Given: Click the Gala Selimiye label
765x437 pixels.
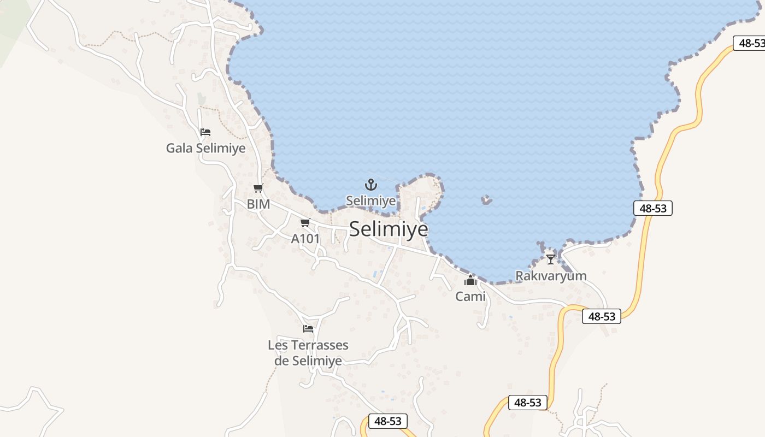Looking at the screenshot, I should coord(205,148).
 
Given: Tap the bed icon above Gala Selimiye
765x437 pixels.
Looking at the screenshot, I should coord(205,132).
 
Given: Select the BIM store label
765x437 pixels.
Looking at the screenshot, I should coord(258,204).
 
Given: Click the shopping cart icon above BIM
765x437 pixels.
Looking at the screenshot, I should coord(258,188).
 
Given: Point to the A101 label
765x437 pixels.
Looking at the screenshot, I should coord(305,239).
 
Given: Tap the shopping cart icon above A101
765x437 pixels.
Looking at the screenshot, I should coord(305,223).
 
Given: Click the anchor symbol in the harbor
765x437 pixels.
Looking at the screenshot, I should coord(371,185).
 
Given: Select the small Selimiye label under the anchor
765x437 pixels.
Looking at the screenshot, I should coord(371,201).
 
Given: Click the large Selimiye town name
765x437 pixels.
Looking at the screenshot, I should coord(389,229).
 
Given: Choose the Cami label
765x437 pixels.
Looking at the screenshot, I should coord(470,297).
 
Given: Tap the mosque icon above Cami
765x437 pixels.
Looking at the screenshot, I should coord(470,281).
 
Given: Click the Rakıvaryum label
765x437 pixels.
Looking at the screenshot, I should coord(551,276).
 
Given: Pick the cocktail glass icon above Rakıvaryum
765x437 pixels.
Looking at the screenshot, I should coord(550,259).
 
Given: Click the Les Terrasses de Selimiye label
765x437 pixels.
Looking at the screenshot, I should coord(308,353).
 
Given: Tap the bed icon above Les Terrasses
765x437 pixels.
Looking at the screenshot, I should coord(308,329).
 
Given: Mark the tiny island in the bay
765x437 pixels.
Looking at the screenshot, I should coord(486,200).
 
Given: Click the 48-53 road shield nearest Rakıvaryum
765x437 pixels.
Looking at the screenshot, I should coord(602,316).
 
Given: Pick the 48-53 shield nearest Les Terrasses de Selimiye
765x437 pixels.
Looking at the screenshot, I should coord(388,421).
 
